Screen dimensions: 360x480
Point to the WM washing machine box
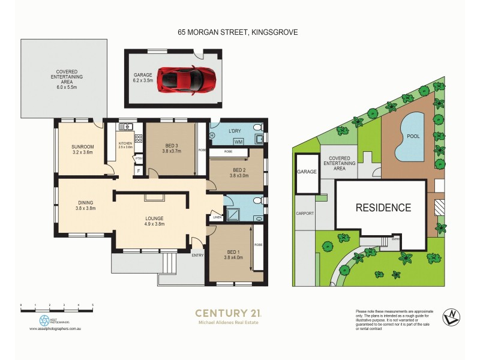[238, 142]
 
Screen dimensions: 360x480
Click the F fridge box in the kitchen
[139, 171]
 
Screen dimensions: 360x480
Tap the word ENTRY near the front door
[197, 256]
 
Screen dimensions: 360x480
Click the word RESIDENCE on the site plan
[383, 208]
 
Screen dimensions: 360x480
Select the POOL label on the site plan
[413, 136]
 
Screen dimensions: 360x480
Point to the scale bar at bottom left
[56, 307]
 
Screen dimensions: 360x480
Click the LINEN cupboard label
[216, 218]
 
